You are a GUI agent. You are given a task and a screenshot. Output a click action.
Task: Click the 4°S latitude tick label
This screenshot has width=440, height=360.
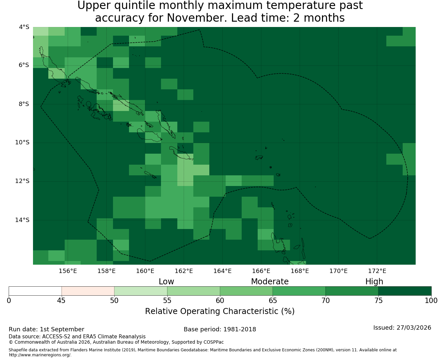[x=24, y=27]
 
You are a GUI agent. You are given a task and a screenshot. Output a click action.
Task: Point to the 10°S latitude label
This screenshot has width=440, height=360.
[x=22, y=142]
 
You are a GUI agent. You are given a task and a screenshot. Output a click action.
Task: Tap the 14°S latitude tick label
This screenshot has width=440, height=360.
[x=22, y=220]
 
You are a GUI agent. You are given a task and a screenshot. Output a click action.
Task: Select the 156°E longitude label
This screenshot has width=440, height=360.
[x=68, y=271]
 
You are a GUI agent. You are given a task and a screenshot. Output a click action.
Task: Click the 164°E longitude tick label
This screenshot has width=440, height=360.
[x=222, y=271]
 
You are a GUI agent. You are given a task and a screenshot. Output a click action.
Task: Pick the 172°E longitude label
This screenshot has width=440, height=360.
[x=377, y=271]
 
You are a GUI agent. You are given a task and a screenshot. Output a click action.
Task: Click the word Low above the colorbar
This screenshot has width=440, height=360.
[x=166, y=282]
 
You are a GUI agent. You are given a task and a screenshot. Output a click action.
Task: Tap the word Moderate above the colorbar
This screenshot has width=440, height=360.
[x=270, y=282]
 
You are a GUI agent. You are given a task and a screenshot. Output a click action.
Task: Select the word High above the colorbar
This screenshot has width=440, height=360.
[x=374, y=282]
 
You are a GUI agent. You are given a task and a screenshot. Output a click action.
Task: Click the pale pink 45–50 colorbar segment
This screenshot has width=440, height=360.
[x=88, y=291]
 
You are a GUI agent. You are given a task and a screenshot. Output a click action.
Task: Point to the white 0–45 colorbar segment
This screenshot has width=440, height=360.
[x=35, y=291]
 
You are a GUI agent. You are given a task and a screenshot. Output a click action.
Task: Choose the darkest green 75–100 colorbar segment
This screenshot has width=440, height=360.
[x=405, y=291]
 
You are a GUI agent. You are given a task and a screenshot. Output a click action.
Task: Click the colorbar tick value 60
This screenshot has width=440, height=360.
[x=220, y=301]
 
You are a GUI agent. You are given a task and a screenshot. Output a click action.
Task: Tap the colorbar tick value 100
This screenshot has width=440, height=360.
[x=431, y=301]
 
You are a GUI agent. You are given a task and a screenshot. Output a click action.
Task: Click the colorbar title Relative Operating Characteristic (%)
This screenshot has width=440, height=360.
[x=220, y=311]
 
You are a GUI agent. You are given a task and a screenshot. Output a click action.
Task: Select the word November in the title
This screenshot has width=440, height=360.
[x=197, y=18]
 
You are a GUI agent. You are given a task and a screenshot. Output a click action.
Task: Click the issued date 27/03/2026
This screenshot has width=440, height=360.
[x=414, y=328]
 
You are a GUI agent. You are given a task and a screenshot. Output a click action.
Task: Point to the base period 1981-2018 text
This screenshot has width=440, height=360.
[x=240, y=329]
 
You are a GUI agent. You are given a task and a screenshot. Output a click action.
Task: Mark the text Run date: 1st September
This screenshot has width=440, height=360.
[x=46, y=329]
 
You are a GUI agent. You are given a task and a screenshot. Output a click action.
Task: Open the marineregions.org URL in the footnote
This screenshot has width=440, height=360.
[x=40, y=355]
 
